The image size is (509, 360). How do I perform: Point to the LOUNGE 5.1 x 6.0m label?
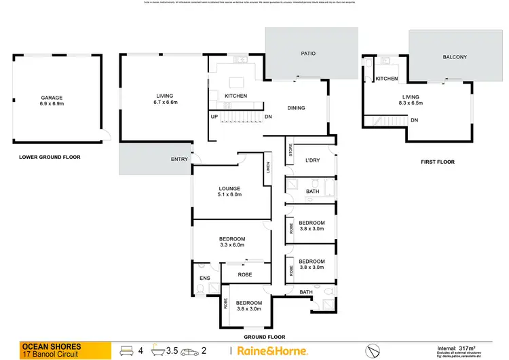[230, 192]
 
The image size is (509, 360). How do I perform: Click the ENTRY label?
[180, 160]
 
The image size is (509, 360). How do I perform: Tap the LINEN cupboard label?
[269, 167]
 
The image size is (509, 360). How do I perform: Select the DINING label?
[296, 108]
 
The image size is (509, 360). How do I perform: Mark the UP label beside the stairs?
[214, 116]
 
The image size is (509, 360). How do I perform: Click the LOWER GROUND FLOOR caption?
[50, 157]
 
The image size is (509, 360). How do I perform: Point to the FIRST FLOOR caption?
[438, 162]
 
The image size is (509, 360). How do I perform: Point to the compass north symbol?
[371, 350]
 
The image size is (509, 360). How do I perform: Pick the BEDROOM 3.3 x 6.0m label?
[232, 242]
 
